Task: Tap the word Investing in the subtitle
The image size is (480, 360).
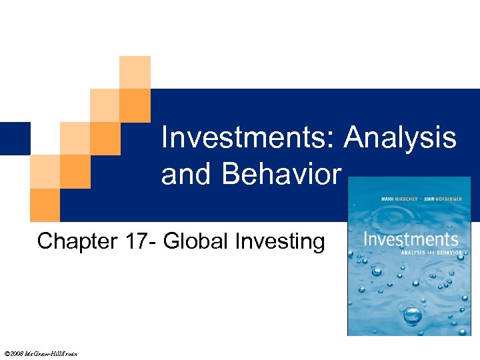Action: tap(281, 241)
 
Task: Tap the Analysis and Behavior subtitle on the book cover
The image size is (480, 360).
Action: tap(427, 253)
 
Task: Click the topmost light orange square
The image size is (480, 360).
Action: tap(135, 72)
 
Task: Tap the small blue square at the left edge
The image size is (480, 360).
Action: tap(15, 138)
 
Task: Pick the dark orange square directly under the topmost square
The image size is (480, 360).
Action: tap(135, 105)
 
